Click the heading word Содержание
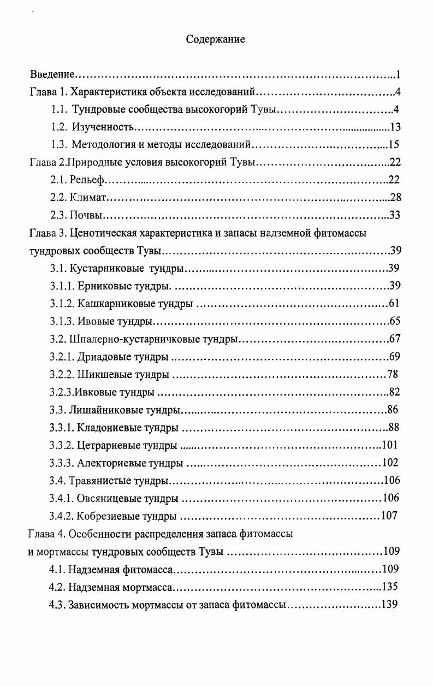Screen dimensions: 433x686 pyautogui.click(x=216, y=39)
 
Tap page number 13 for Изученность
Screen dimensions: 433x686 pyautogui.click(x=396, y=127)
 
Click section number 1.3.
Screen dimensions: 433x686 pyautogui.click(x=58, y=145)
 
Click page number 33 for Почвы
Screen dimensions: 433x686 pyautogui.click(x=395, y=215)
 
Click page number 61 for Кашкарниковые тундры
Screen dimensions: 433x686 pyautogui.click(x=395, y=304)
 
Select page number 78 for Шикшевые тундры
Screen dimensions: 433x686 pyautogui.click(x=393, y=375)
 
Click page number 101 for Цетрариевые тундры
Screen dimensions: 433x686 pyautogui.click(x=390, y=445)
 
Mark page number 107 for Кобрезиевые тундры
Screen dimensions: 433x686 pyautogui.click(x=389, y=516)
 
